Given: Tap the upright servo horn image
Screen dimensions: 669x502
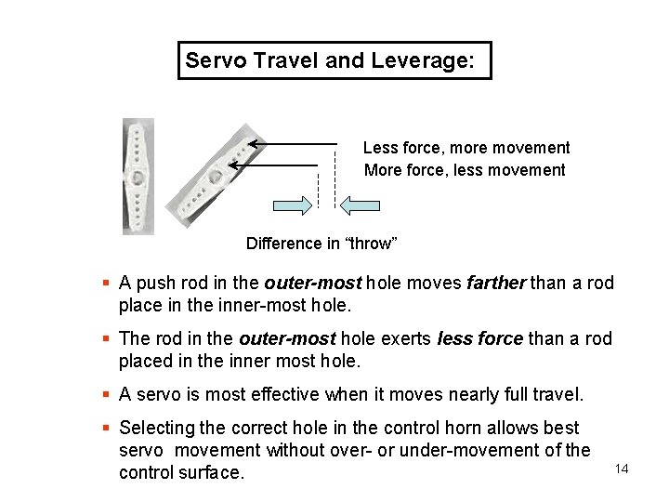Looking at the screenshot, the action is pyautogui.click(x=138, y=176).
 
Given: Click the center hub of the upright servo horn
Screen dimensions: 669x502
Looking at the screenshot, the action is pyautogui.click(x=138, y=176).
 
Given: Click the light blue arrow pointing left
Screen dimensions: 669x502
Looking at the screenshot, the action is pyautogui.click(x=360, y=205).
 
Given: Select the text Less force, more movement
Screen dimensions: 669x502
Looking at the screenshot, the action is pyautogui.click(x=466, y=148).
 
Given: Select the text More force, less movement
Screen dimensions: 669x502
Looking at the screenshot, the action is pyautogui.click(x=465, y=170).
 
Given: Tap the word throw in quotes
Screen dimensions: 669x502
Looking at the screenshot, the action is pyautogui.click(x=371, y=244).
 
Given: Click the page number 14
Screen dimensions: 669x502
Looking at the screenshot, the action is pyautogui.click(x=622, y=469).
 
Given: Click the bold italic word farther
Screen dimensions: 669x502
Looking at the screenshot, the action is pyautogui.click(x=496, y=283).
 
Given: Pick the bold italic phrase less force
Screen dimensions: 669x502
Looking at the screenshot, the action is pyautogui.click(x=479, y=338).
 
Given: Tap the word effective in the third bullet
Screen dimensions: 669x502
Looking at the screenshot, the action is pyautogui.click(x=282, y=394).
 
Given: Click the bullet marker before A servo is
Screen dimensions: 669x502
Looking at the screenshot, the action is pyautogui.click(x=107, y=394).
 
